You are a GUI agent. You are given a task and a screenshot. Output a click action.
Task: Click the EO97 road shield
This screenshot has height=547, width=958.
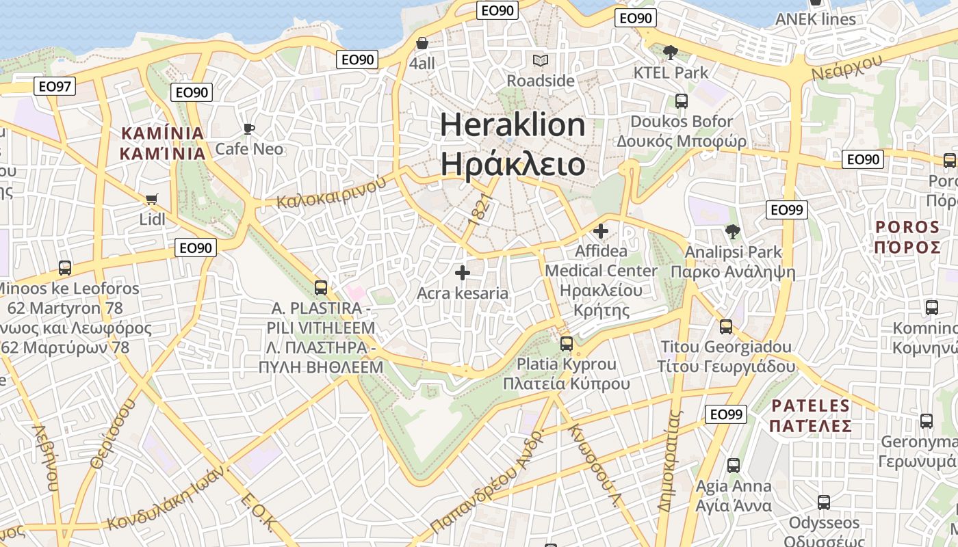tap(55, 86)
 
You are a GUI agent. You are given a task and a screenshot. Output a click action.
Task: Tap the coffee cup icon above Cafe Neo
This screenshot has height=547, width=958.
tap(249, 129)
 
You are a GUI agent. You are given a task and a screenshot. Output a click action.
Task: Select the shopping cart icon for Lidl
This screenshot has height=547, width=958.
tap(151, 200)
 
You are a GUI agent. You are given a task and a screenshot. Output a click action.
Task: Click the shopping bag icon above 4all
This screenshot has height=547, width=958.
tap(422, 43)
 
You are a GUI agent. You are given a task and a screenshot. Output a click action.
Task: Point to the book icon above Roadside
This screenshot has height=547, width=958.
tap(541, 60)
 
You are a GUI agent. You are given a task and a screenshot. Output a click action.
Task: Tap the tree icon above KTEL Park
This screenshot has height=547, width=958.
tap(671, 52)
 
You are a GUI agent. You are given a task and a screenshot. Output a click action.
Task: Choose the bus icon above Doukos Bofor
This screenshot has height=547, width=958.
tap(682, 101)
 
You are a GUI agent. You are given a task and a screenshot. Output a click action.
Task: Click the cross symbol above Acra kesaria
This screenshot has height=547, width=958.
tap(463, 273)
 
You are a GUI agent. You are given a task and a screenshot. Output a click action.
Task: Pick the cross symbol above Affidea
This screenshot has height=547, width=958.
tap(601, 231)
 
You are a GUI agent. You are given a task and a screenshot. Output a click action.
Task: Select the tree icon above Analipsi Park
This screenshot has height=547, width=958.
tap(733, 232)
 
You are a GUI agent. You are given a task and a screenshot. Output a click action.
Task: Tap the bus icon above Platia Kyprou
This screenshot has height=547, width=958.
tap(567, 343)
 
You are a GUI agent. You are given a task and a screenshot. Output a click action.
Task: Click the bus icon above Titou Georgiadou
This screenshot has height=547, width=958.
tap(726, 327)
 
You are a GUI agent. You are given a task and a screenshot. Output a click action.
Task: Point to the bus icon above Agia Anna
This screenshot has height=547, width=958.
tap(734, 466)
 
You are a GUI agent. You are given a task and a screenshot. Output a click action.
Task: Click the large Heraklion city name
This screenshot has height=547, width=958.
tap(513, 125)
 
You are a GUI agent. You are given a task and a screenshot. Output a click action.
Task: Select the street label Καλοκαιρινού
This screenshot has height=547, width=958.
tap(329, 193)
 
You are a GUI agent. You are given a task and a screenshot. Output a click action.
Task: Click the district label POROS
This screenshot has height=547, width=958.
tap(907, 227)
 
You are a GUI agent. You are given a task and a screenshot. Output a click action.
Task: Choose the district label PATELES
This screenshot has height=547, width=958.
tap(810, 406)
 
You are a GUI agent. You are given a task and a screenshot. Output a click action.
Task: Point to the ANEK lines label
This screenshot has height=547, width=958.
tap(815, 19)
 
